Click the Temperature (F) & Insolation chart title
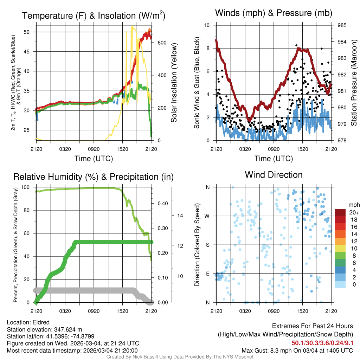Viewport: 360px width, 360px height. (x=94, y=15)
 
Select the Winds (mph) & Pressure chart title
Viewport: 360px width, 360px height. (x=274, y=13)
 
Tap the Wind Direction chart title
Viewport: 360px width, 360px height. (x=274, y=175)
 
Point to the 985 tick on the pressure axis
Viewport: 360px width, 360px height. (x=342, y=25)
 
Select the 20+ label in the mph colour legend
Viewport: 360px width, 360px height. (x=354, y=212)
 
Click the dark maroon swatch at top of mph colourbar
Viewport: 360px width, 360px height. (x=341, y=212)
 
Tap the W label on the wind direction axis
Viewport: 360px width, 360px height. (x=207, y=216)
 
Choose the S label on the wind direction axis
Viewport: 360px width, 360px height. (x=208, y=245)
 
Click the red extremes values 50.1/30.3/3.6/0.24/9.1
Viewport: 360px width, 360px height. (x=322, y=343)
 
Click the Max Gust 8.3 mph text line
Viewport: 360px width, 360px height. (x=297, y=351)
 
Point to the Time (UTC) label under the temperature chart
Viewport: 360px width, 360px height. (x=94, y=159)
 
